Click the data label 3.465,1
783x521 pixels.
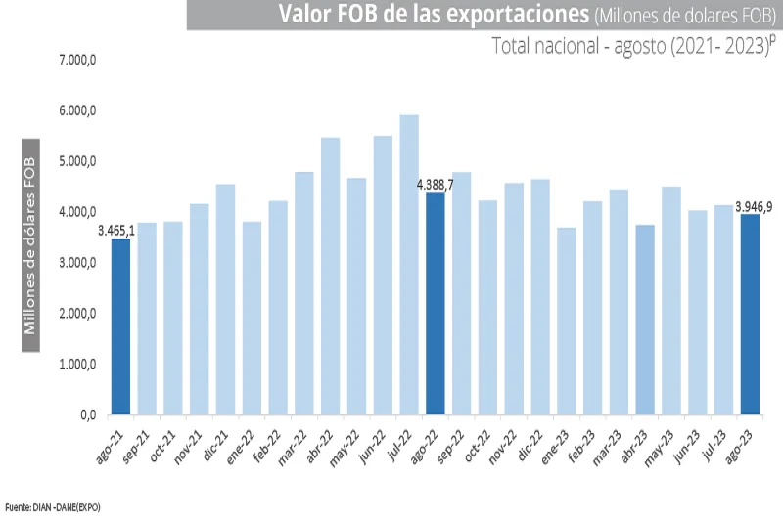point(116,231)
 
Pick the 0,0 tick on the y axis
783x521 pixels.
point(88,415)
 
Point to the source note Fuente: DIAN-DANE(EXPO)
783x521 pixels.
point(53,507)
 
